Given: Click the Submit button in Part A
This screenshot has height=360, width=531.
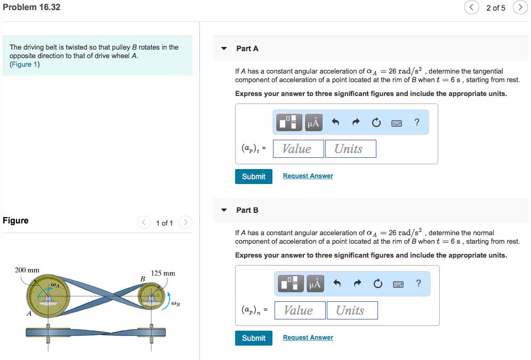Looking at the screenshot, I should click(x=253, y=177).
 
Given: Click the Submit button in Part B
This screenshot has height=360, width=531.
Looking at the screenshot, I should click(x=253, y=338).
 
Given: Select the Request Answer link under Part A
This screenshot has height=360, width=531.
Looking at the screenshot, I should click(x=308, y=176).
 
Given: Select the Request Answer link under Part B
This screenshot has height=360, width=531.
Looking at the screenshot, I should click(x=308, y=338).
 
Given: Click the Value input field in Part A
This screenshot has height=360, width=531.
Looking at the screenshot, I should click(x=298, y=149).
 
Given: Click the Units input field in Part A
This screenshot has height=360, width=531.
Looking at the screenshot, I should click(x=350, y=149).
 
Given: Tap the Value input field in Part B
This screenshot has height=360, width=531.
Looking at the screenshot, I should click(x=300, y=310).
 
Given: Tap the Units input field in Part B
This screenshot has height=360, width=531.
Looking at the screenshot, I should click(x=352, y=310).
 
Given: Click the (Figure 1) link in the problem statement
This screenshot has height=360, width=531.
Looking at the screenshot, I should click(x=25, y=65).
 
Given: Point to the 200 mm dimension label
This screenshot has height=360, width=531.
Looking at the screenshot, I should click(x=27, y=270).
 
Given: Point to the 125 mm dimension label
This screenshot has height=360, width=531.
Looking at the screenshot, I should click(x=163, y=273).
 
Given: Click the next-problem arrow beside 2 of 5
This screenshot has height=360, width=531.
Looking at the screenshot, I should click(x=520, y=7).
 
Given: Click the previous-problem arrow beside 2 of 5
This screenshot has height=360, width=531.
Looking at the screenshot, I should click(x=471, y=7).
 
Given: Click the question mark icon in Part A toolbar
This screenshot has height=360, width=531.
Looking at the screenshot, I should click(x=417, y=123).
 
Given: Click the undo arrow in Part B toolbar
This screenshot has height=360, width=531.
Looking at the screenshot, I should click(x=337, y=284).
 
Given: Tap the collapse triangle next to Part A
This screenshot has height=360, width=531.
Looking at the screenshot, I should click(x=224, y=49).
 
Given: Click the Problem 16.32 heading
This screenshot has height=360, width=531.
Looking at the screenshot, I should click(x=31, y=7).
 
